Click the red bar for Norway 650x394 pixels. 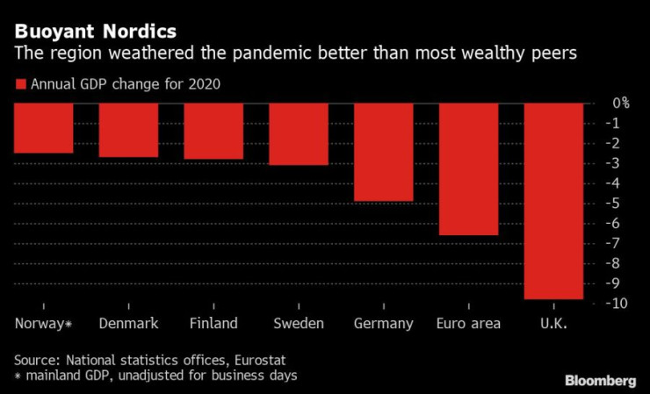(43, 128)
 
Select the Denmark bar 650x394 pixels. (128, 130)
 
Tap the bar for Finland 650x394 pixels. (213, 131)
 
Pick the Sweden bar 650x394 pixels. (299, 133)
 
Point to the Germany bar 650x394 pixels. (383, 152)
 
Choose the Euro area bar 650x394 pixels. (468, 168)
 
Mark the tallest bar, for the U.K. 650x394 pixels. (553, 201)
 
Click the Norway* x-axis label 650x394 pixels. (43, 324)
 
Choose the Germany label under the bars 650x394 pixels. (383, 324)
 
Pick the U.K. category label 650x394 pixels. (552, 324)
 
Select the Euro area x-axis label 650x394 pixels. (468, 324)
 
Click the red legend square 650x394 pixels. (19, 85)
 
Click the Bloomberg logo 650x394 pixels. (601, 380)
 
